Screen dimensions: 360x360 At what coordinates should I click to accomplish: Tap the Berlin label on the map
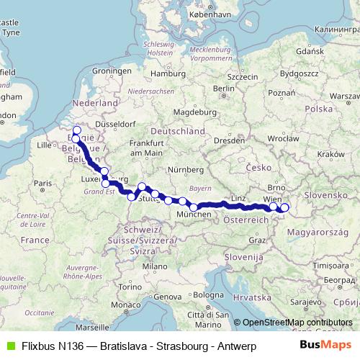coord(225,88)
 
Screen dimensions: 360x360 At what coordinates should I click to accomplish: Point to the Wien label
coord(272,198)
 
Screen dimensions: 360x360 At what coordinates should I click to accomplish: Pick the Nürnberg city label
coord(186,169)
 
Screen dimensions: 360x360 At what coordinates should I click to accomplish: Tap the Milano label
coord(150,266)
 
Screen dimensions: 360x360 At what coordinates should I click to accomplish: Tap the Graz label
coord(257,240)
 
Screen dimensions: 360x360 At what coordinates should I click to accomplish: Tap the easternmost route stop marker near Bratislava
coord(284,208)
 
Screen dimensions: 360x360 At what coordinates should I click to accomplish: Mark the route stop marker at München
coord(194,207)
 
